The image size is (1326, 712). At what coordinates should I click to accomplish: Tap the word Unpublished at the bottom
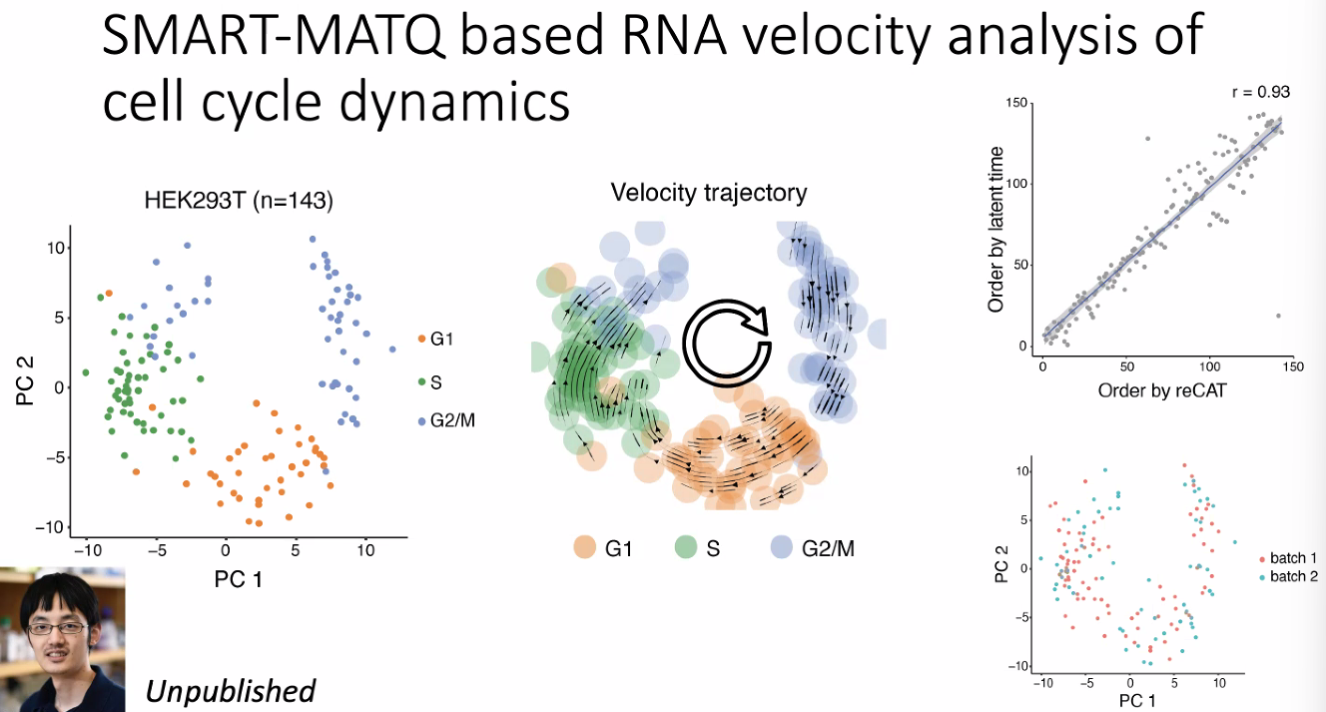[231, 690]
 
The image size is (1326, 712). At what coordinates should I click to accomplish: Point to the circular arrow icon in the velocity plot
[727, 341]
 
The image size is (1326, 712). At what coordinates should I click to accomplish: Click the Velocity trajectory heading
[709, 192]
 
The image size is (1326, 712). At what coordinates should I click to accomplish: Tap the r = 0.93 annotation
[1259, 92]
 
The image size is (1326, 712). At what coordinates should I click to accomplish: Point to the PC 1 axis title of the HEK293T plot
[239, 578]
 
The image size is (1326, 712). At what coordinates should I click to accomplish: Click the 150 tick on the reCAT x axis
[1293, 366]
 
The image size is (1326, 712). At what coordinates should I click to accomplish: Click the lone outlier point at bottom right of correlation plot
[1278, 316]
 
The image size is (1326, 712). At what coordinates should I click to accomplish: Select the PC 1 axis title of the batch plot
[1137, 701]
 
